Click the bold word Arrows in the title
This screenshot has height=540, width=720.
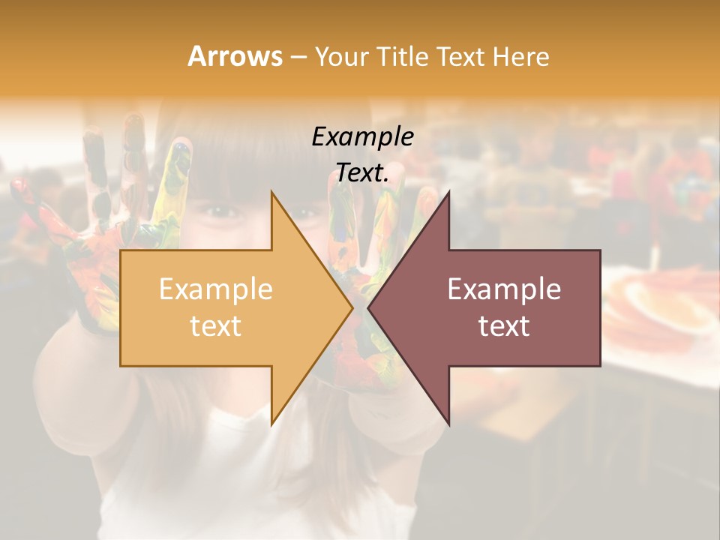(235, 57)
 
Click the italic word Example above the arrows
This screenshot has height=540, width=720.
(362, 136)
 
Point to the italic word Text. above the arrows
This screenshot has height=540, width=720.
(362, 173)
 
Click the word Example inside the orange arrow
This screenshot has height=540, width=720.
(215, 289)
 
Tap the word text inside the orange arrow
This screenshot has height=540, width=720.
(215, 326)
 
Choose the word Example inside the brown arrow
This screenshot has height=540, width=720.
(504, 289)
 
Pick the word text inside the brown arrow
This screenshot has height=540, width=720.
(504, 326)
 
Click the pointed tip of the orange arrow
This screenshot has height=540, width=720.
(352, 307)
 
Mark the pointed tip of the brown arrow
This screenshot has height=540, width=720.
(368, 307)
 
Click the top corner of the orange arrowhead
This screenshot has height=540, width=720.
(271, 191)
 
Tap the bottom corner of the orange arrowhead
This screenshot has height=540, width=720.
(271, 424)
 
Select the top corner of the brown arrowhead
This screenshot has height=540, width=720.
(448, 191)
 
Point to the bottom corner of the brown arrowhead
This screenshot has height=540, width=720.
(448, 424)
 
